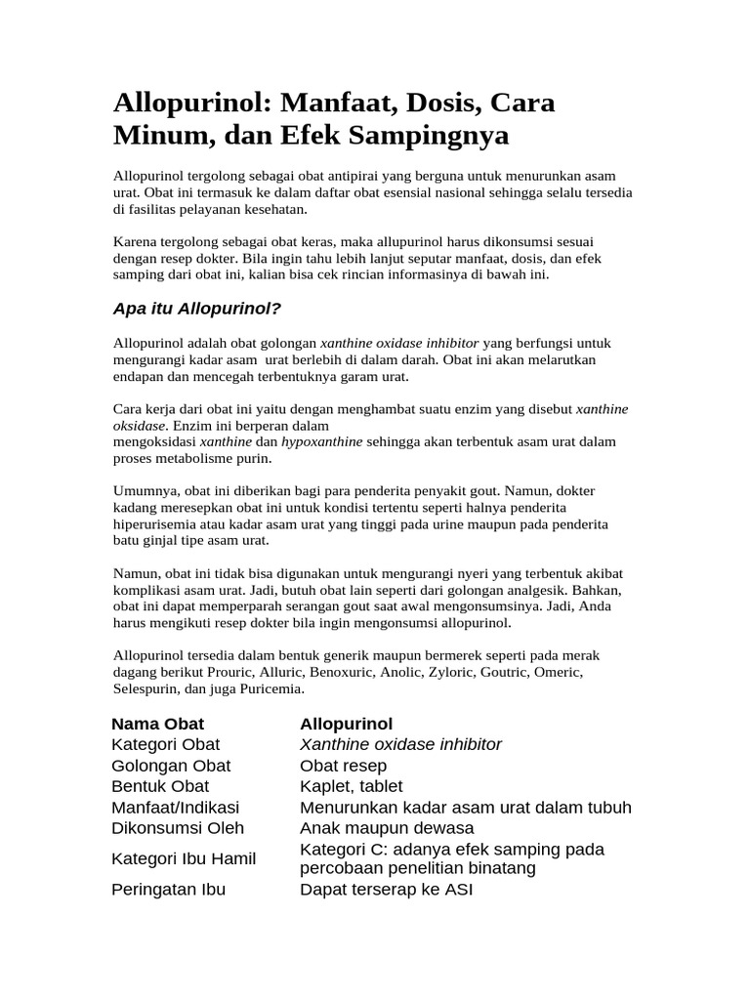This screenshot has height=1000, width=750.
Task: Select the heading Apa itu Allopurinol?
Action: (x=197, y=310)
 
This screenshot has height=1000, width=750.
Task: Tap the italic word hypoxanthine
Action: (x=322, y=441)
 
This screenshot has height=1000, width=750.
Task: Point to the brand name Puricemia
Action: (x=274, y=689)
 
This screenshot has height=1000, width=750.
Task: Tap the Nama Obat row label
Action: (x=158, y=724)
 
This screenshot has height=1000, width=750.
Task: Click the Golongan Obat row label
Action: (x=171, y=766)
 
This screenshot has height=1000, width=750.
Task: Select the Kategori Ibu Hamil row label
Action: (x=184, y=858)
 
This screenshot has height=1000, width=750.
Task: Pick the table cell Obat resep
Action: (x=344, y=766)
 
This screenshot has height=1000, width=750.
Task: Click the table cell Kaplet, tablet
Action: (x=352, y=786)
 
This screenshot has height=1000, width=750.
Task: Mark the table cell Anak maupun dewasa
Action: (x=387, y=828)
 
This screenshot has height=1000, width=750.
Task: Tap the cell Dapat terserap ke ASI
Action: (x=387, y=890)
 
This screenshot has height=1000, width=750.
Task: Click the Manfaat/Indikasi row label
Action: (x=176, y=808)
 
